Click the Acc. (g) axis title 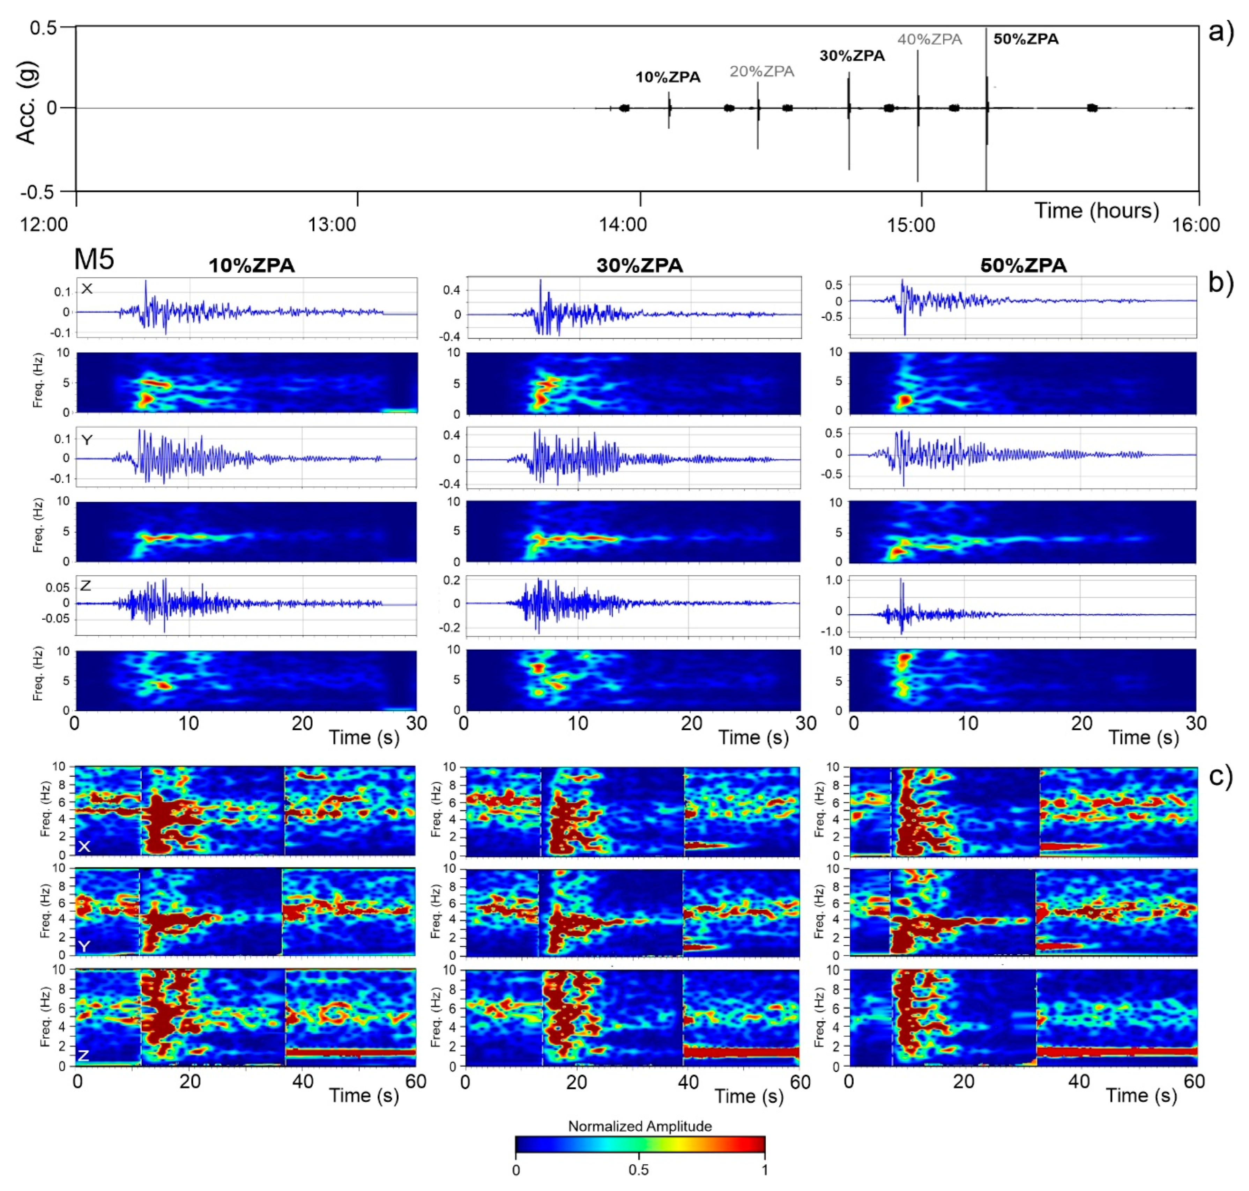(x=27, y=103)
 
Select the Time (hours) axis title (x=1096, y=210)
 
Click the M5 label (x=94, y=259)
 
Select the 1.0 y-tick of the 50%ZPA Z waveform (x=834, y=580)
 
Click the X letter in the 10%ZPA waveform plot (x=87, y=289)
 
